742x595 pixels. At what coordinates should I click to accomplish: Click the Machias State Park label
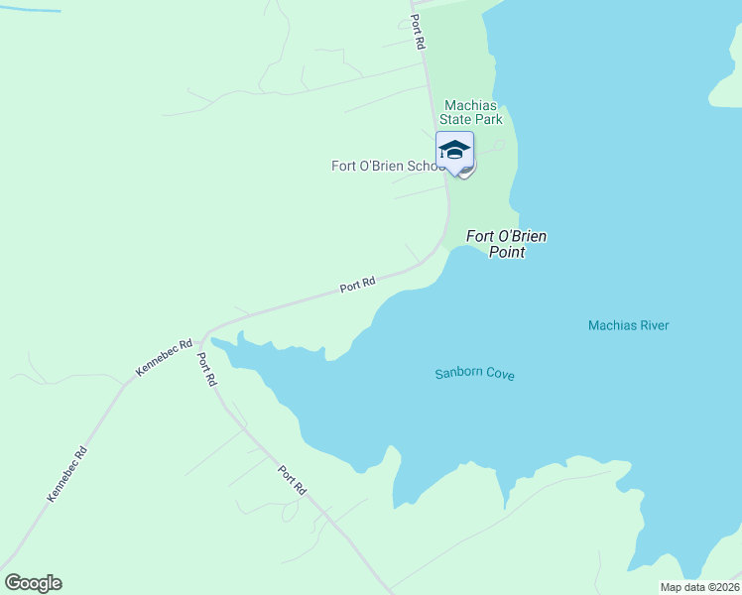coord(473,112)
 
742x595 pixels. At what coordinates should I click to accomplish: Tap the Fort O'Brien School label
coord(388,166)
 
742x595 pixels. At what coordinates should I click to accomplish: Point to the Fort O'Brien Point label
coord(507,244)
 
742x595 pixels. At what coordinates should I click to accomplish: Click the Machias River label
coord(628,325)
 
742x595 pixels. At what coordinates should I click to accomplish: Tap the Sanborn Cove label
coord(474,374)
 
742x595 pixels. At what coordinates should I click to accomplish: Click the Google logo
coord(33,583)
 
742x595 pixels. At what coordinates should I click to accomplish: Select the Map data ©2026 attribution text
coord(699,587)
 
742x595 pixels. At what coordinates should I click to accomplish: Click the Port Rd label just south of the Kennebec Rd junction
coord(206,369)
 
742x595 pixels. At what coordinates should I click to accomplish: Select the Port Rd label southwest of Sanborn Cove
coord(292,481)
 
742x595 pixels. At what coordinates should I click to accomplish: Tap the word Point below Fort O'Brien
coord(506,252)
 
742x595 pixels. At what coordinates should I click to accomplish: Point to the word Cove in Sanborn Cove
coord(500,374)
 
